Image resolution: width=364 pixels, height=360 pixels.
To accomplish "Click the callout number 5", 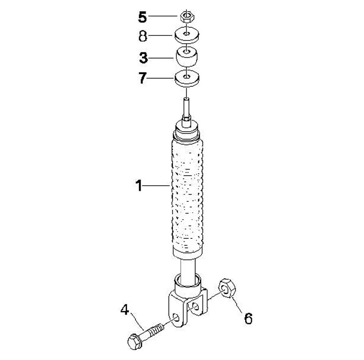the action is point(143,17).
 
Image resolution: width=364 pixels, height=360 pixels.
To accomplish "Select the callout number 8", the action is point(143,36).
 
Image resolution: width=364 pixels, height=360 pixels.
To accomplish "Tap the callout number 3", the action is point(144,58).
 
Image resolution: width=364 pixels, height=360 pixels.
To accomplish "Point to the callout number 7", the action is point(143,78).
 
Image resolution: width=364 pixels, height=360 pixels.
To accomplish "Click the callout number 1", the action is point(139,186).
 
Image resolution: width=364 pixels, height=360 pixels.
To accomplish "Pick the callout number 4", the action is point(125,310).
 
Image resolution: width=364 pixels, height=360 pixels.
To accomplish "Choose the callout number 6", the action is point(248,318).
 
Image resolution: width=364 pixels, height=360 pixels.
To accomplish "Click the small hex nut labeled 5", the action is point(187,16).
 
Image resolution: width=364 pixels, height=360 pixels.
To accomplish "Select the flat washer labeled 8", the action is point(187,35).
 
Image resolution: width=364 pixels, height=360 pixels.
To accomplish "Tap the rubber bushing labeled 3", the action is point(187,57).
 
